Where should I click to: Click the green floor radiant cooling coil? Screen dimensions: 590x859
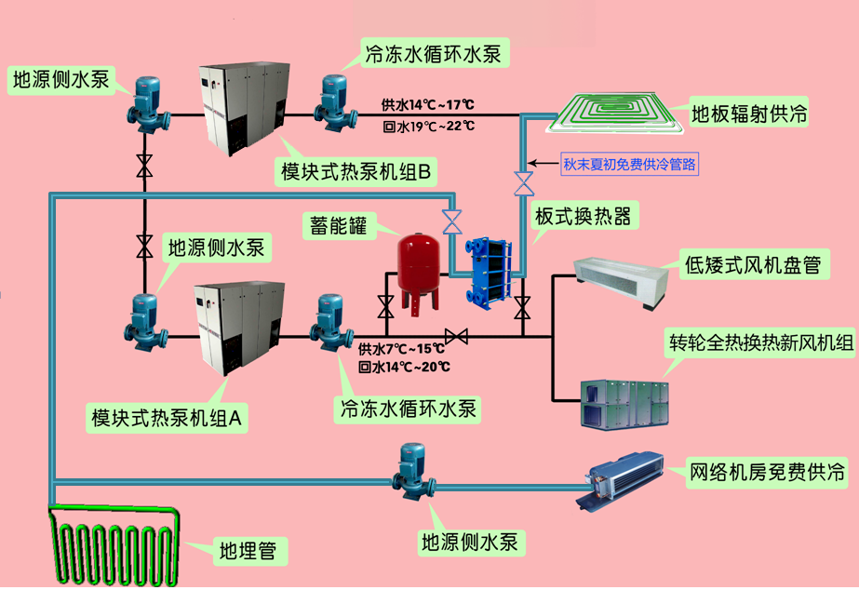pos(618,114)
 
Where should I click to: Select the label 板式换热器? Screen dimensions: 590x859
pos(584,217)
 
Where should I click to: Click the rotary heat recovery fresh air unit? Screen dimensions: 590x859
pos(623,401)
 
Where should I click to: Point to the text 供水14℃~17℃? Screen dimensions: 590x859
pos(428,105)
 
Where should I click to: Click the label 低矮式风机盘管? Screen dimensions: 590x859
pos(752,264)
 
